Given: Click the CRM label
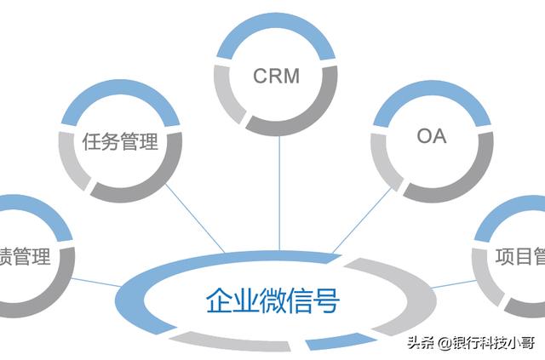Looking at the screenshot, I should [x=277, y=76].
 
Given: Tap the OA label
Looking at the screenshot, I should [x=432, y=137].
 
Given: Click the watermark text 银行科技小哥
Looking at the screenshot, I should [x=494, y=343].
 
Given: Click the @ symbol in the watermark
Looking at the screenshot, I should [x=443, y=343].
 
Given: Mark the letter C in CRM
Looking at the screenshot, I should [x=261, y=76].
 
